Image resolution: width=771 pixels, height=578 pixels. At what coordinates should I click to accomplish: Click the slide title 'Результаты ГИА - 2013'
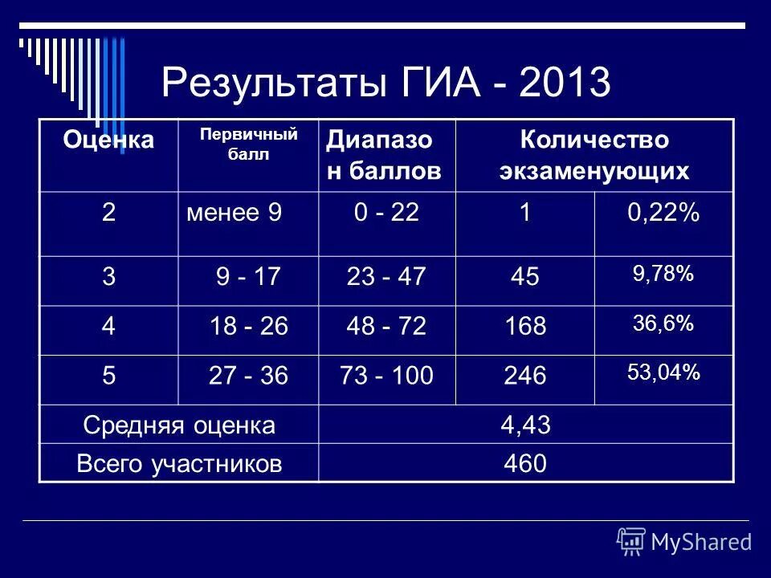[x=385, y=83]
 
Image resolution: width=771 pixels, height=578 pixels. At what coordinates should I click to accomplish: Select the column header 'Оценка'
[x=109, y=140]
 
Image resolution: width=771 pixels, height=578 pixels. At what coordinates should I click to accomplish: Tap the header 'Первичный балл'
[x=248, y=144]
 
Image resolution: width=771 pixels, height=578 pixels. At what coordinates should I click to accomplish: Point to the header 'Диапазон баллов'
[x=384, y=155]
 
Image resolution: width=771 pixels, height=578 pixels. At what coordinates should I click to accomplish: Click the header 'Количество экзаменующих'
[x=594, y=155]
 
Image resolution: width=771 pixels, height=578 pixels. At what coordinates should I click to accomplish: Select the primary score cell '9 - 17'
[x=247, y=278]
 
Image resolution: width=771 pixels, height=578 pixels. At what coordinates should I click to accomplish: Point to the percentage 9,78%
[x=663, y=274]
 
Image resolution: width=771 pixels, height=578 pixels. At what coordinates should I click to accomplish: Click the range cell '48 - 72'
[x=385, y=327]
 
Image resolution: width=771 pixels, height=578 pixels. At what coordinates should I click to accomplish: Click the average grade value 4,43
[x=525, y=425]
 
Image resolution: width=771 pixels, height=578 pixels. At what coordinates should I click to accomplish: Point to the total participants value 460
[x=525, y=464]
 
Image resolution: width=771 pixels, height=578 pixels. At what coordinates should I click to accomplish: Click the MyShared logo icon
[x=631, y=542]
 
